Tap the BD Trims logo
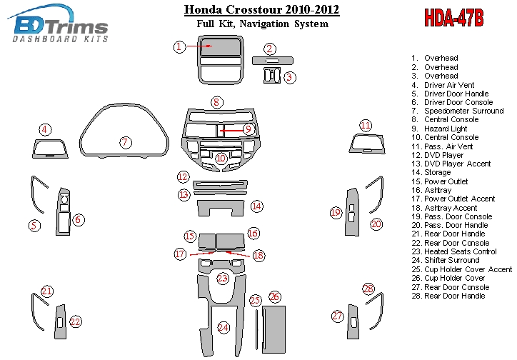61,27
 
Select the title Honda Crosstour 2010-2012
261,10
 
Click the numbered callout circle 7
125,142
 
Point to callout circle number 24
224,328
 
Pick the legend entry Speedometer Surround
463,111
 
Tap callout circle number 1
180,46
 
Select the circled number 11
366,126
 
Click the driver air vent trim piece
49,149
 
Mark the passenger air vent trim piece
366,145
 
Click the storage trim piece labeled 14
221,207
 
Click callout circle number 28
368,289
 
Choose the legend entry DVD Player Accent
457,164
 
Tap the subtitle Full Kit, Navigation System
261,24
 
